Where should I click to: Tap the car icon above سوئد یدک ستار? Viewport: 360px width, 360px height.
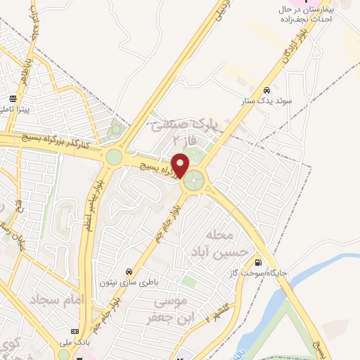[x=267, y=91]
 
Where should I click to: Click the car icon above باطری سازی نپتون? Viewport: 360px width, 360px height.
[x=129, y=271]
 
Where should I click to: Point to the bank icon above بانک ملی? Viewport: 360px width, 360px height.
[x=75, y=332]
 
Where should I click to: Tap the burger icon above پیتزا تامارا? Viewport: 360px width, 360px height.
[x=13, y=99]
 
